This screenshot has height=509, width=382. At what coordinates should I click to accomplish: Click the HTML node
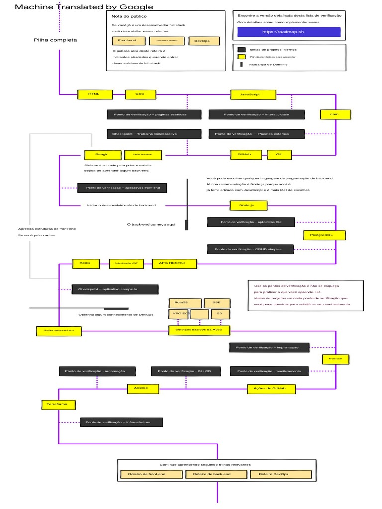(95, 94)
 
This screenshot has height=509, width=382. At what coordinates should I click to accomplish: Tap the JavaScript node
(253, 94)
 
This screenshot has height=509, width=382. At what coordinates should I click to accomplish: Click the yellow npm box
(336, 114)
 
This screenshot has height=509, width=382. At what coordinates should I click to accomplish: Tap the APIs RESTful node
(174, 263)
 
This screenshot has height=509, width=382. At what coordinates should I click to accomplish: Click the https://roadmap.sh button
(288, 32)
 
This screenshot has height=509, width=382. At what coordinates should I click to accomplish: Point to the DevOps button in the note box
(202, 41)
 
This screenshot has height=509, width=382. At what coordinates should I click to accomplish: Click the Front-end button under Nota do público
(127, 41)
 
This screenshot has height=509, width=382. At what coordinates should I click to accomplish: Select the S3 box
(220, 314)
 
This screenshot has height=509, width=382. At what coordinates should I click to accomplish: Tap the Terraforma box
(58, 404)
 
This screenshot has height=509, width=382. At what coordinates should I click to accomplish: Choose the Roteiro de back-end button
(216, 474)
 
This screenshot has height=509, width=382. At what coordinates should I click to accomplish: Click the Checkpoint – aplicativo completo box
(115, 289)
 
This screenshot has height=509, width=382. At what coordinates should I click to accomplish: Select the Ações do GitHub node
(272, 388)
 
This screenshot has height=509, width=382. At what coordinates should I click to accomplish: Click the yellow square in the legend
(242, 57)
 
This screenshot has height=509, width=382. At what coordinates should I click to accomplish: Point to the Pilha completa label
(55, 40)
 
